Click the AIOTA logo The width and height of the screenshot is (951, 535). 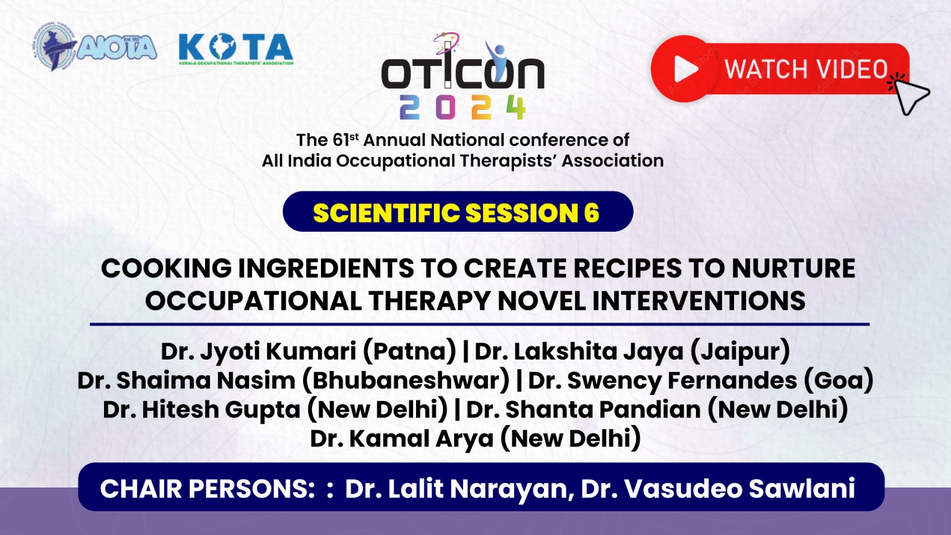point(95,47)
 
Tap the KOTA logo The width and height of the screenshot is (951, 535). point(236,49)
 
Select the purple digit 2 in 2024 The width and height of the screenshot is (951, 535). point(410,108)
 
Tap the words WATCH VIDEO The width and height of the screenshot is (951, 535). point(806,69)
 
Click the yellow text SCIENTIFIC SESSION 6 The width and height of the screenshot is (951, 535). point(456,213)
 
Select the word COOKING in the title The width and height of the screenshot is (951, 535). point(166,268)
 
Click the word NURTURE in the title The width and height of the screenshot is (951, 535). point(793,268)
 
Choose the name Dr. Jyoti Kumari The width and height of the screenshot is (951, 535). point(259,352)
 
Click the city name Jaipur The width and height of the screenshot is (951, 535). point(741,352)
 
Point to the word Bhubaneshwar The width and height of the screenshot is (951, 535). point(405,380)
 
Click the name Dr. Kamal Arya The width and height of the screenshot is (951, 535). point(402,439)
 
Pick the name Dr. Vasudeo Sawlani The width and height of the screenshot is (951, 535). point(718,489)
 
